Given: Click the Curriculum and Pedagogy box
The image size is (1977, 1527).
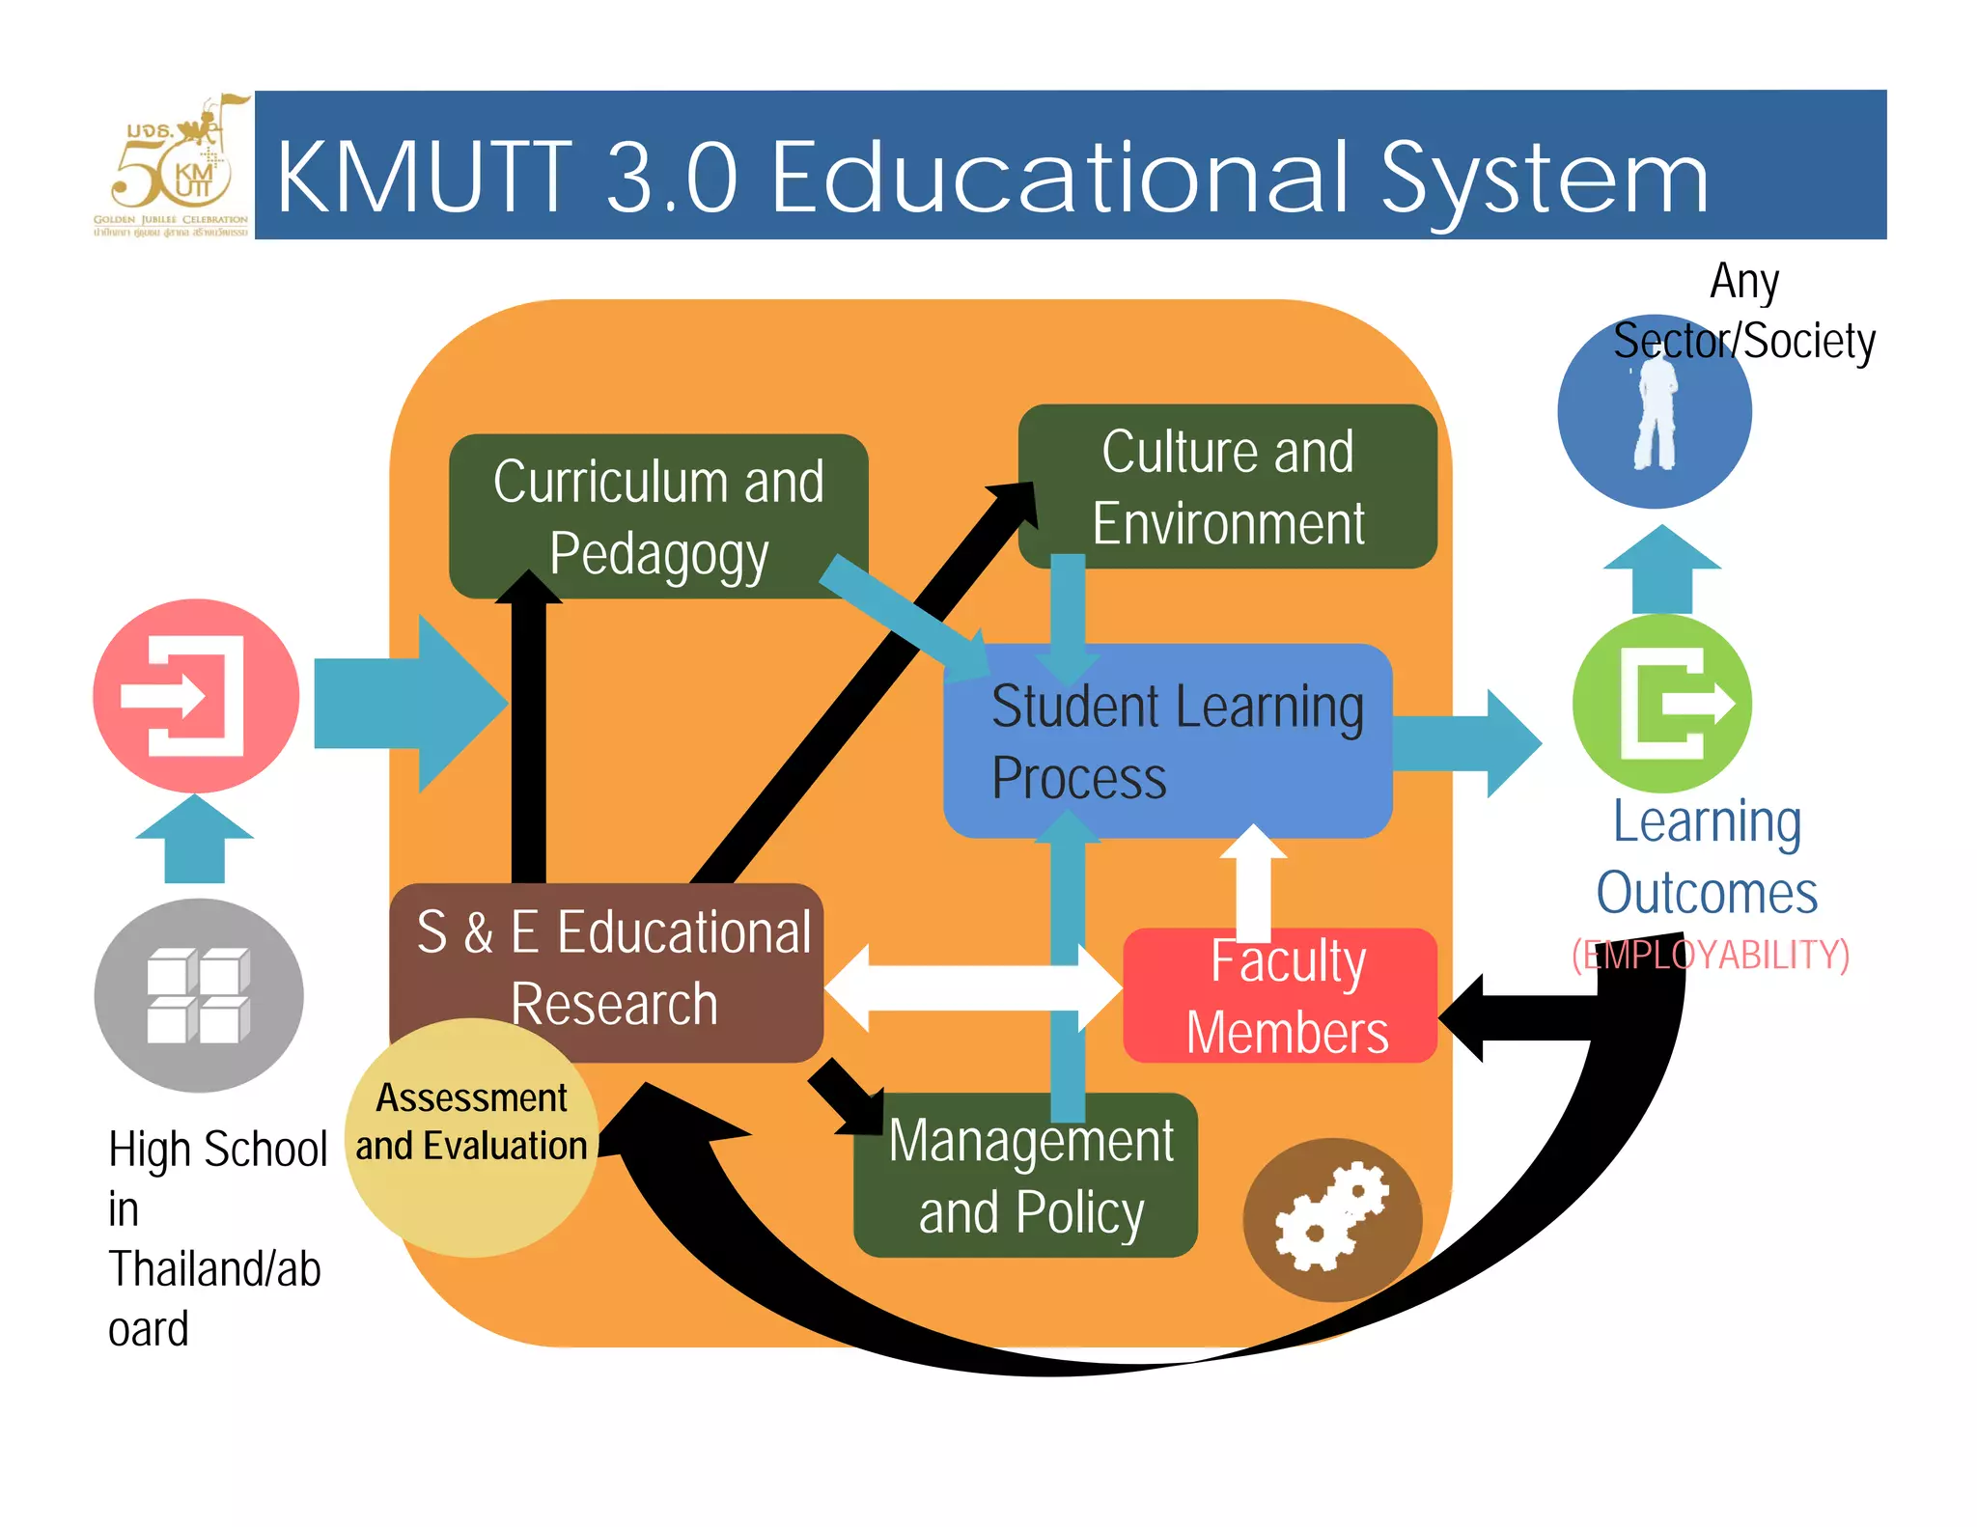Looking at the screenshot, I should [658, 516].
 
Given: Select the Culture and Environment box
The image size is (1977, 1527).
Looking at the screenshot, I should [1228, 486].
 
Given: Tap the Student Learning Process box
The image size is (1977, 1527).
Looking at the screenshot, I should [1167, 740].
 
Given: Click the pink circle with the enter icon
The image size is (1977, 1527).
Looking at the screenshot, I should [196, 696].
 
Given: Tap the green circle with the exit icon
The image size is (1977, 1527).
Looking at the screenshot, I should [1661, 704].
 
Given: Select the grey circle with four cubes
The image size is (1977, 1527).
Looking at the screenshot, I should [198, 995].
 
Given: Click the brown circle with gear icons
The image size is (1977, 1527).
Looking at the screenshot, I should [1331, 1219].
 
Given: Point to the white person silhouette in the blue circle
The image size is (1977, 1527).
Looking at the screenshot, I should [1656, 415].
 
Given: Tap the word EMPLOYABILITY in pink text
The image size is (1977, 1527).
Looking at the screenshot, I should [1711, 955].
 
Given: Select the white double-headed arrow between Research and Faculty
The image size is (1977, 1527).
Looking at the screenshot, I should [972, 987].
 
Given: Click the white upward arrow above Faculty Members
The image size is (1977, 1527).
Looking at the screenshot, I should [1253, 880].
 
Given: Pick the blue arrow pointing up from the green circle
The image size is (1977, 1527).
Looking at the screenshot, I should [1661, 569].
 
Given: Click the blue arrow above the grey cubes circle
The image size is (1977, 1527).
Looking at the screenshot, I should [195, 840].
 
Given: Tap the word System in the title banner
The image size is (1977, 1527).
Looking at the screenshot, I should [1545, 179].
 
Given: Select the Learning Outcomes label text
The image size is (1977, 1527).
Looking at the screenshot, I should [1707, 857].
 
